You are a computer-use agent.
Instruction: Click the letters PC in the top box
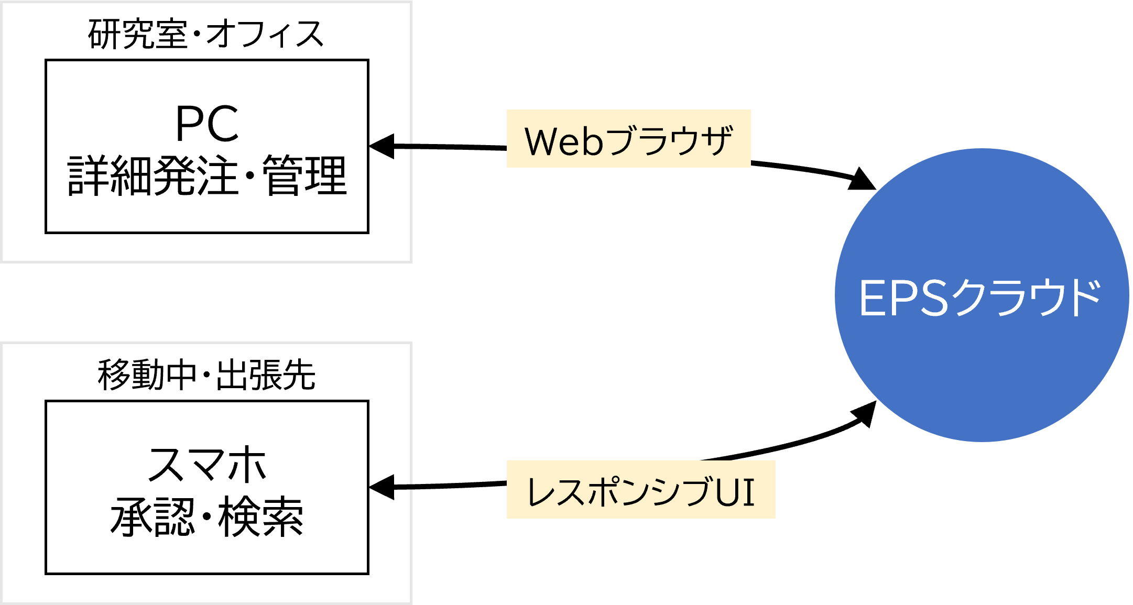(x=207, y=124)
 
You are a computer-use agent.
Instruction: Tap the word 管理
(x=304, y=176)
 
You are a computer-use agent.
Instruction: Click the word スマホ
(x=207, y=465)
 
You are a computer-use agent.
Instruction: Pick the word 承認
(x=152, y=517)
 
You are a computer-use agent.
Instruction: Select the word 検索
(x=261, y=517)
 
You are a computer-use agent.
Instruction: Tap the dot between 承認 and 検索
(x=206, y=517)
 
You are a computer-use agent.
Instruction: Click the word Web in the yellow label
(x=563, y=141)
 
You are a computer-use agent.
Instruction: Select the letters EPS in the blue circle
(x=903, y=298)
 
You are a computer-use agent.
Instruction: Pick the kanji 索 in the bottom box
(x=282, y=517)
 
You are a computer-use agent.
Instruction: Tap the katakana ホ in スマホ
(x=247, y=465)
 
